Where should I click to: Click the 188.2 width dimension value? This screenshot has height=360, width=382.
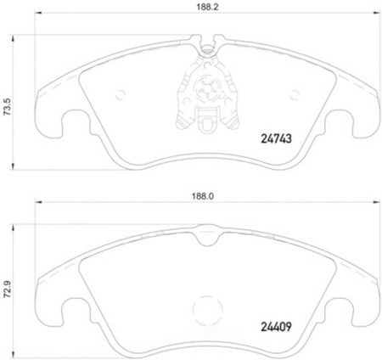tap(207, 7)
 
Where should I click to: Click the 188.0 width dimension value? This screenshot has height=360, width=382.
tap(203, 196)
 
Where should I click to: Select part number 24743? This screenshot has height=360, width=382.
tap(276, 138)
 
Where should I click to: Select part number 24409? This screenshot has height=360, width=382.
tap(276, 327)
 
